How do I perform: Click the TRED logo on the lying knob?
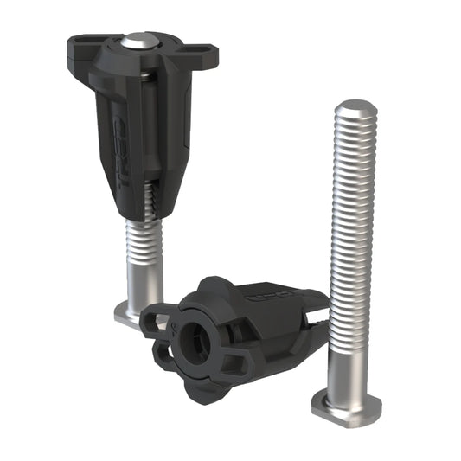click(260, 297)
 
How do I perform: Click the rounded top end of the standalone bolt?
click(352, 111)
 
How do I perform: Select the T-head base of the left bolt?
click(130, 313)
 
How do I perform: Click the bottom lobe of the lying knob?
click(195, 385)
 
